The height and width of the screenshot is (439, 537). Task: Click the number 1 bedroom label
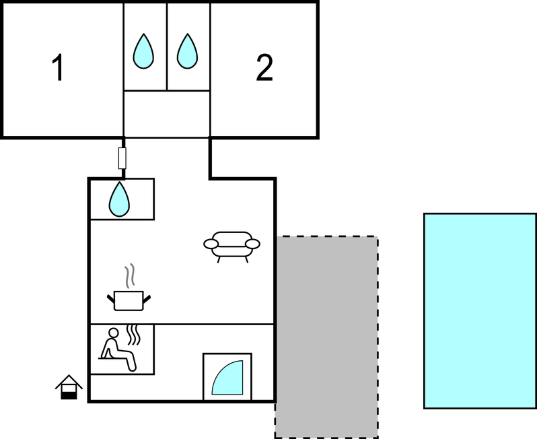click(59, 68)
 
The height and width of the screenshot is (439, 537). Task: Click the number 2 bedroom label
click(264, 68)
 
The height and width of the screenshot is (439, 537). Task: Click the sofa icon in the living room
click(231, 245)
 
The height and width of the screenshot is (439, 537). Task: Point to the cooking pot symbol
click(128, 300)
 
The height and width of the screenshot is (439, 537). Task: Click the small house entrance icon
click(69, 388)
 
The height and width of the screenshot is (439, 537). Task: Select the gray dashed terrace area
click(326, 337)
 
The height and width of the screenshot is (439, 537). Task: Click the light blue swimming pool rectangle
click(479, 310)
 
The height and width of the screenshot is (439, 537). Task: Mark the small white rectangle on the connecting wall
click(122, 158)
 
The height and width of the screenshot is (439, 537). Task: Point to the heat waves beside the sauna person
click(135, 335)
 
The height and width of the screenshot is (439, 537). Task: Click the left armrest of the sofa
click(211, 244)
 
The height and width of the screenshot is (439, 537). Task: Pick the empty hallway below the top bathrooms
click(167, 114)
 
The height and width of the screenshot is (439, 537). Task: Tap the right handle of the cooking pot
click(146, 297)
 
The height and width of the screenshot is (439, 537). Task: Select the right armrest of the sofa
click(252, 243)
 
